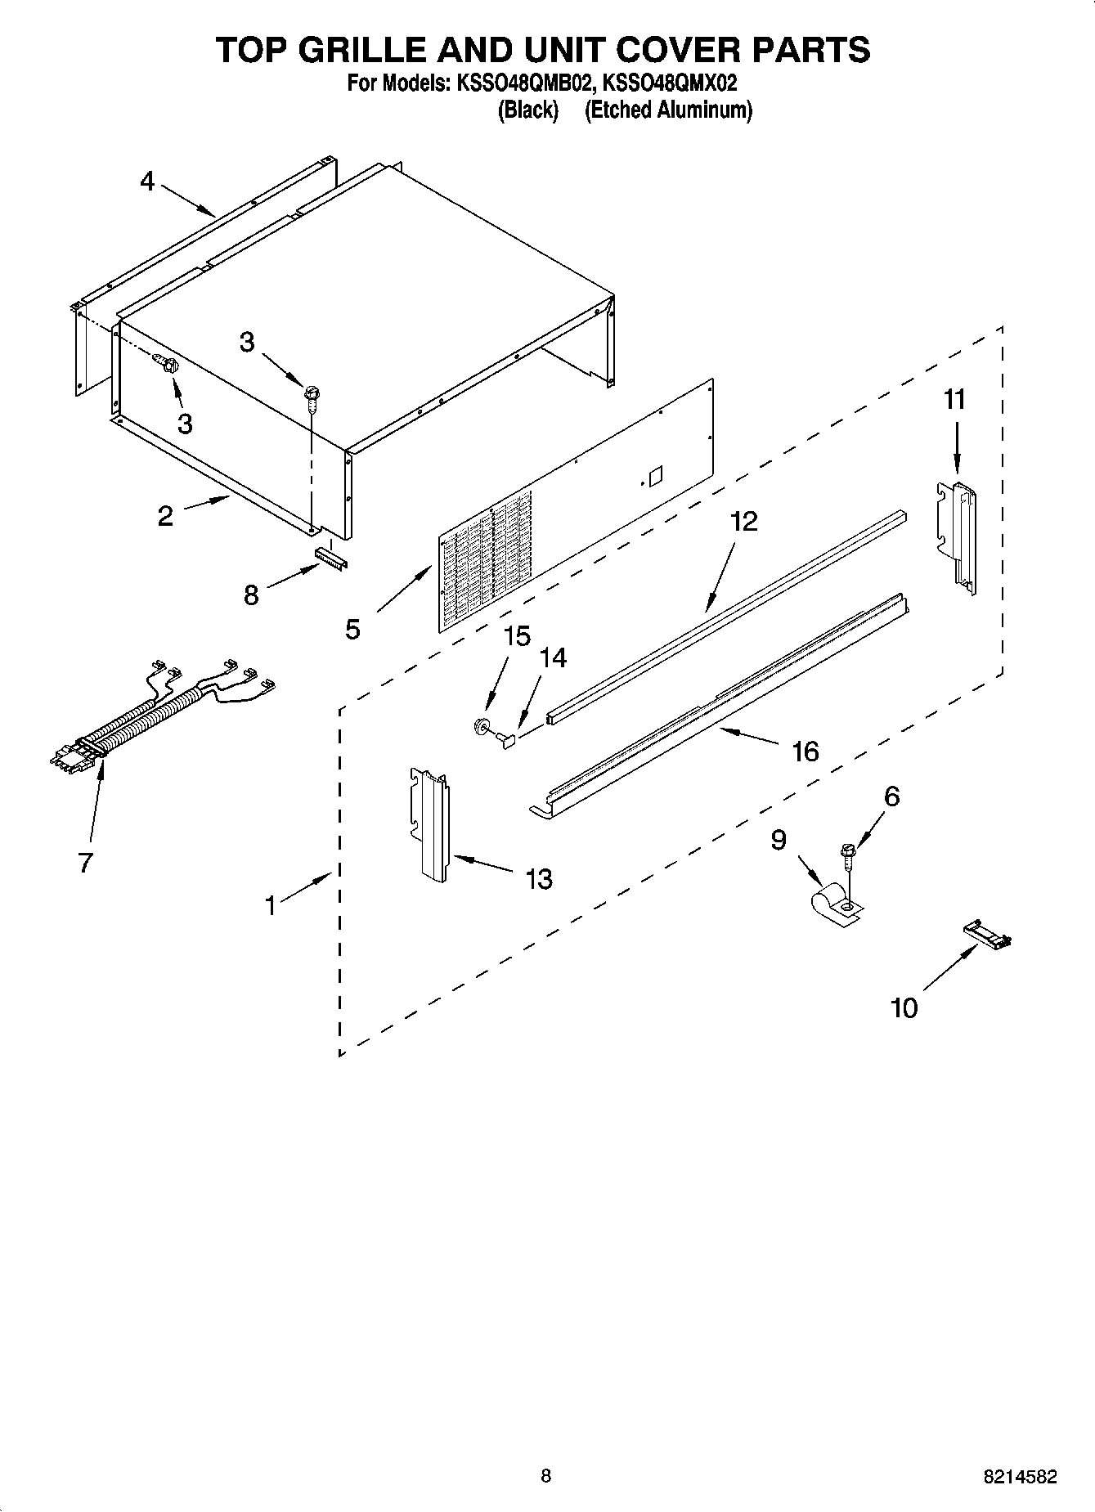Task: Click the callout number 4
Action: pyautogui.click(x=147, y=181)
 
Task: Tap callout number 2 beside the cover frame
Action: pyautogui.click(x=165, y=516)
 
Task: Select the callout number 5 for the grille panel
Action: pyautogui.click(x=352, y=629)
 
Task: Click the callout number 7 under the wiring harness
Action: pyautogui.click(x=85, y=862)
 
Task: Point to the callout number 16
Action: pyautogui.click(x=806, y=751)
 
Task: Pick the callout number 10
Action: pyautogui.click(x=904, y=1007)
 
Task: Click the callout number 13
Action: pyautogui.click(x=539, y=879)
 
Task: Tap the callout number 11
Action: pyautogui.click(x=954, y=400)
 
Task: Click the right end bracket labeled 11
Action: pyautogui.click(x=957, y=532)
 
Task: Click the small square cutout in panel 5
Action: pyautogui.click(x=654, y=475)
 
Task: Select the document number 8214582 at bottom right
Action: pyautogui.click(x=1020, y=1477)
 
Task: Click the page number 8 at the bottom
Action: pyautogui.click(x=546, y=1476)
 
